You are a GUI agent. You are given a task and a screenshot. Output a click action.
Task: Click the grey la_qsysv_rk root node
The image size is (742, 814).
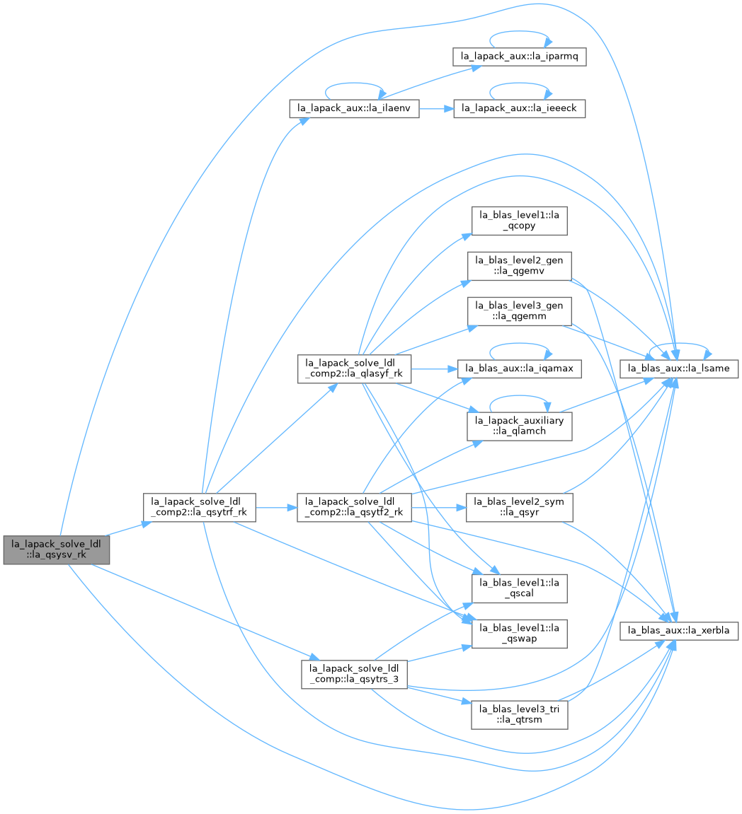tap(57, 550)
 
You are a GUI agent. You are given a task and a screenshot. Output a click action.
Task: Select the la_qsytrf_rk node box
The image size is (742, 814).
tap(200, 507)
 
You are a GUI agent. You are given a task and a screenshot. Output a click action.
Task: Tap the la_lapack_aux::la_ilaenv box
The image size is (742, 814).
tap(354, 108)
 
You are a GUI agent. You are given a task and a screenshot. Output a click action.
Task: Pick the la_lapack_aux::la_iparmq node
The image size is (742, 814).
tap(519, 56)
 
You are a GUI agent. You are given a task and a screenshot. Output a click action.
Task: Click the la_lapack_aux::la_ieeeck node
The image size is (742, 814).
tap(519, 108)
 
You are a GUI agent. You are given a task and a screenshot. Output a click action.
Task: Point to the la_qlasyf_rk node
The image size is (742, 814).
tap(355, 368)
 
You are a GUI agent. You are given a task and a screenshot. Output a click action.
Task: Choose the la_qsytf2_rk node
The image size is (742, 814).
tap(355, 507)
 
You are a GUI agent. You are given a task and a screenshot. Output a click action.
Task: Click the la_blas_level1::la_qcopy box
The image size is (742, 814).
tap(519, 221)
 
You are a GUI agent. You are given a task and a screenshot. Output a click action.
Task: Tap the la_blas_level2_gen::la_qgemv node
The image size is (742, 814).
tap(519, 266)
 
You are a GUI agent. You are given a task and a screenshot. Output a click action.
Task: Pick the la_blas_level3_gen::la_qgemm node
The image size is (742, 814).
tap(519, 311)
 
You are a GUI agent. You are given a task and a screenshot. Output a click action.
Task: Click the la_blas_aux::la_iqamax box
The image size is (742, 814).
tap(519, 368)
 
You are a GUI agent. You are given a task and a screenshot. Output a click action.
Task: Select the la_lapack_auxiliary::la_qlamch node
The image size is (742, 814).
tap(519, 426)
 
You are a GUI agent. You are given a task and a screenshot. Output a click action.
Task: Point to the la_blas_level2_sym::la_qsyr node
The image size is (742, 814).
tap(519, 507)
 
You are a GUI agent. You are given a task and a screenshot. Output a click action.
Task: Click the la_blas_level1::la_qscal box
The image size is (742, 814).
tap(519, 588)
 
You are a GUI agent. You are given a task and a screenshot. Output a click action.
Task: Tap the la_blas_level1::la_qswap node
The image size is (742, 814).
tap(519, 634)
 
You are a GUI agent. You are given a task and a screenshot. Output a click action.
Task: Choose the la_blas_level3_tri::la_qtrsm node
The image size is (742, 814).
tap(519, 714)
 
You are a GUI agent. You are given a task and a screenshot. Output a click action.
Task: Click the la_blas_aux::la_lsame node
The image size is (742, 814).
tap(678, 368)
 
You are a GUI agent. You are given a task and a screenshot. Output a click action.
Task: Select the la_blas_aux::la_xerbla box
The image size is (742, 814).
tap(678, 631)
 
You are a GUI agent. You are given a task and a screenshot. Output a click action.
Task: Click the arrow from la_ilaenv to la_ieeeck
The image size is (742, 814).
tap(436, 108)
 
